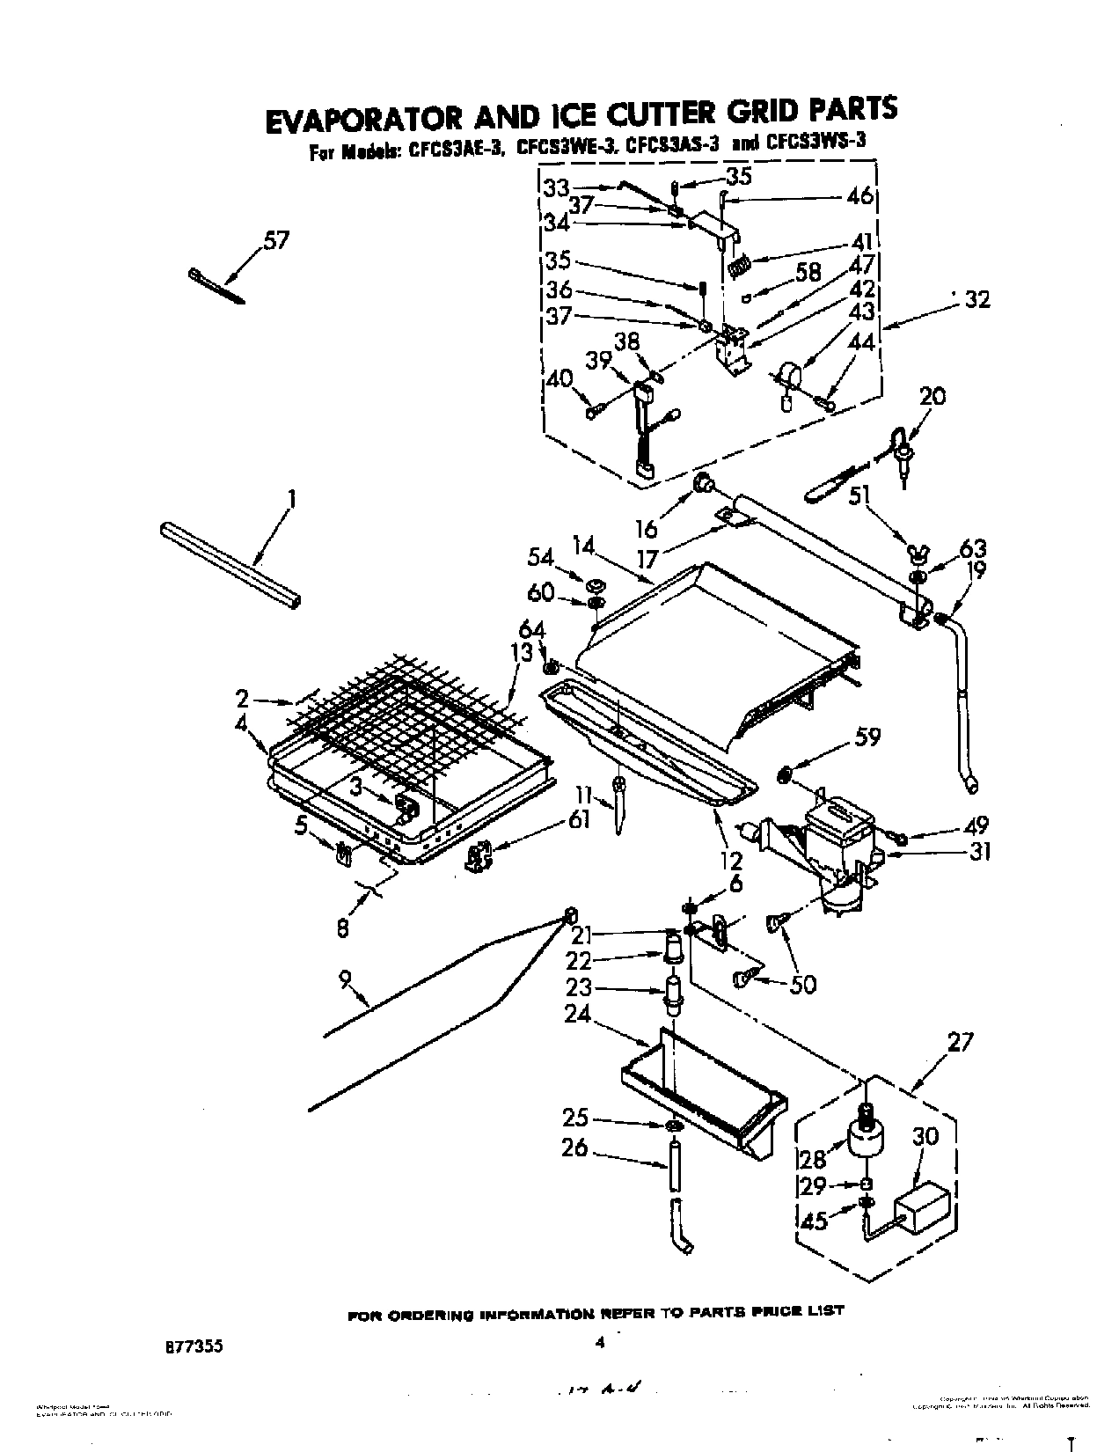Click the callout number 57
click(275, 240)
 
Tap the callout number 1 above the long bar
click(291, 501)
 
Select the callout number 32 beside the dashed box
click(976, 300)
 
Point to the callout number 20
click(932, 396)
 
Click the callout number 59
click(867, 736)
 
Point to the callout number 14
click(585, 546)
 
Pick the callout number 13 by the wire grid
click(523, 653)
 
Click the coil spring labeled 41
click(739, 264)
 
